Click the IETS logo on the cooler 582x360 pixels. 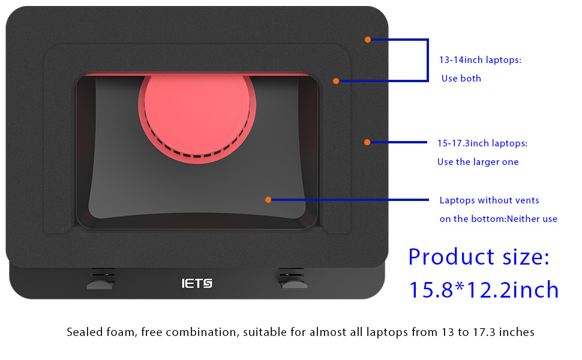(197, 284)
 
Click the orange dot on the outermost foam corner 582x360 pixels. (367, 40)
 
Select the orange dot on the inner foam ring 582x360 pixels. (336, 81)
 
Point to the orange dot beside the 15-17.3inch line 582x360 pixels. (367, 142)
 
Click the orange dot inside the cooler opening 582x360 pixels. (268, 200)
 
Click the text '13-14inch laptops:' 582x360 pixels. (480, 60)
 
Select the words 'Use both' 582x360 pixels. (461, 79)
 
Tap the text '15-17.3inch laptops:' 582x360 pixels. (482, 143)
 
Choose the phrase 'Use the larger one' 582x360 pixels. (478, 162)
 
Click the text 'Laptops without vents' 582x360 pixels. (489, 200)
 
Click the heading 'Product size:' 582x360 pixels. (479, 257)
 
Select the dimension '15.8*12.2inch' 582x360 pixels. (484, 290)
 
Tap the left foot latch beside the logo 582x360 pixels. (100, 280)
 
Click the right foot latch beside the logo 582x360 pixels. (293, 280)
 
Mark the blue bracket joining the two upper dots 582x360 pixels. (428, 60)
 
